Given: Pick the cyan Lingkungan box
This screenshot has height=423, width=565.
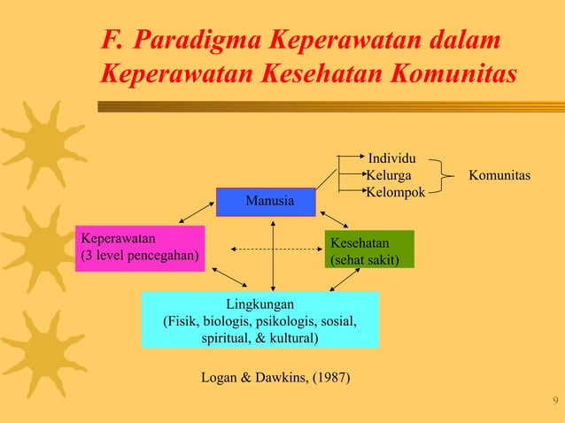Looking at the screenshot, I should (259, 320).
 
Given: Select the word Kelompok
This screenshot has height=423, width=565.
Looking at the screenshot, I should (396, 192).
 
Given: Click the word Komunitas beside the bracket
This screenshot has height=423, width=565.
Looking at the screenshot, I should (499, 175).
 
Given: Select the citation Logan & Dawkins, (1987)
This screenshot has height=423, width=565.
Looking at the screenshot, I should (275, 379).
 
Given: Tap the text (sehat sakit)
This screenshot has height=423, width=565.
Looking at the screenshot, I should (365, 260).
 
